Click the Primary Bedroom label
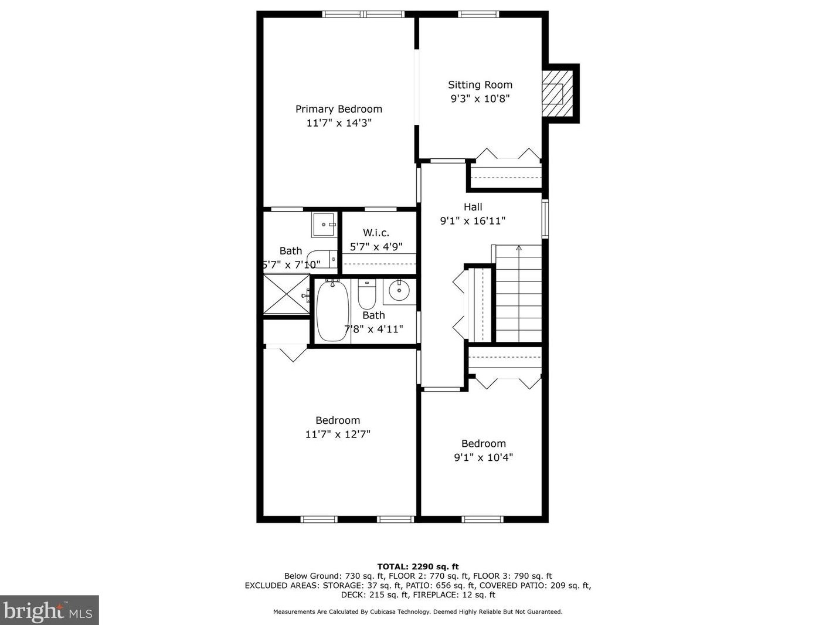[339, 109]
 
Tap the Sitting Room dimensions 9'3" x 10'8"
[480, 98]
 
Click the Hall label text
[473, 207]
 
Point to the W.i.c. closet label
[376, 233]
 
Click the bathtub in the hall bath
[332, 310]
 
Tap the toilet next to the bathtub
[367, 294]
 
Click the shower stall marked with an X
[287, 294]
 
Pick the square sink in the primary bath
[324, 225]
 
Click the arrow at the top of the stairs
[519, 248]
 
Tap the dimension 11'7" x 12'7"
[338, 434]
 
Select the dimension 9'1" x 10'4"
[483, 457]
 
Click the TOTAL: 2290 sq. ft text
[418, 567]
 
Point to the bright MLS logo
[49, 611]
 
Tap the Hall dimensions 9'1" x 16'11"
[473, 221]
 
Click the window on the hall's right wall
[545, 219]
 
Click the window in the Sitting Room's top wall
[478, 14]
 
